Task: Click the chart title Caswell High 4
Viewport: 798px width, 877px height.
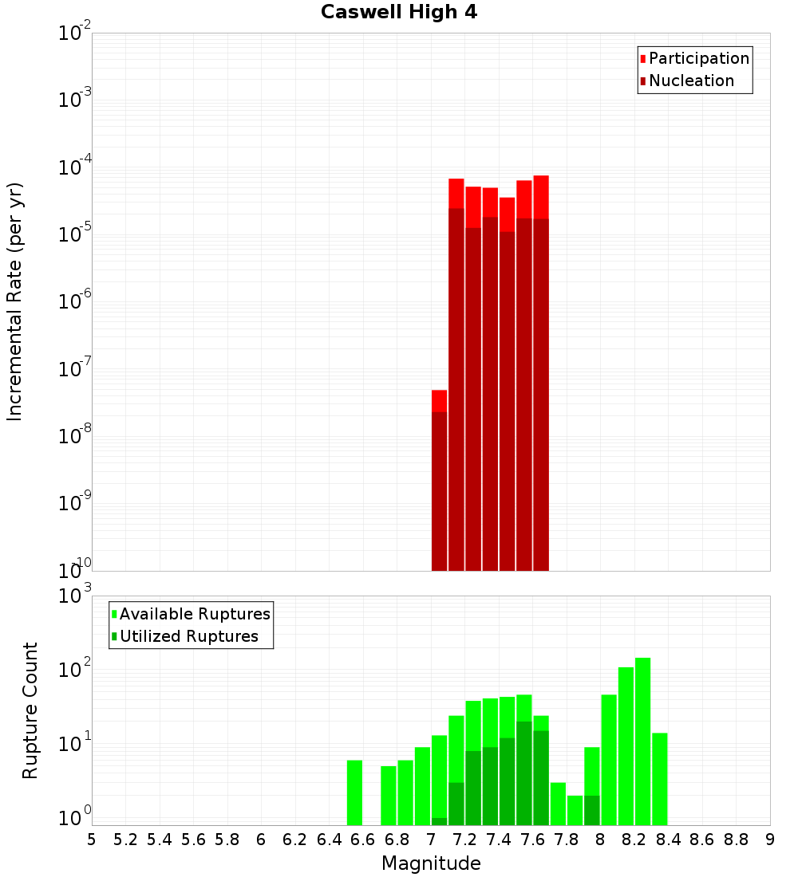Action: click(x=398, y=13)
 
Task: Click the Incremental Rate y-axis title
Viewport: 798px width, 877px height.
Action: click(x=15, y=301)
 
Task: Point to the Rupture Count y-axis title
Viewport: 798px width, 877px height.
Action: click(x=30, y=710)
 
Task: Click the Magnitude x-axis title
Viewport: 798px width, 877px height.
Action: click(x=431, y=863)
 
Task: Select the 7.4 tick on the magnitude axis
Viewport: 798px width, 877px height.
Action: click(x=499, y=840)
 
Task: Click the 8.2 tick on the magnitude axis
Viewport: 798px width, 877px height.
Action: click(x=634, y=840)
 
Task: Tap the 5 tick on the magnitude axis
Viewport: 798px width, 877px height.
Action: click(x=92, y=840)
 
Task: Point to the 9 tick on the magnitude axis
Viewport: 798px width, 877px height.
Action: click(x=770, y=840)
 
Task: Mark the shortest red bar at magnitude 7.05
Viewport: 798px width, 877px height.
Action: click(x=439, y=478)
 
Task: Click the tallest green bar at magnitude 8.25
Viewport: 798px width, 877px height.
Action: click(x=643, y=741)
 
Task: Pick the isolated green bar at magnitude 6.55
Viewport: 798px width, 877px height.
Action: click(x=354, y=792)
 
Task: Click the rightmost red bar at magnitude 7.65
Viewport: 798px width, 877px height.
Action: click(x=541, y=375)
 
